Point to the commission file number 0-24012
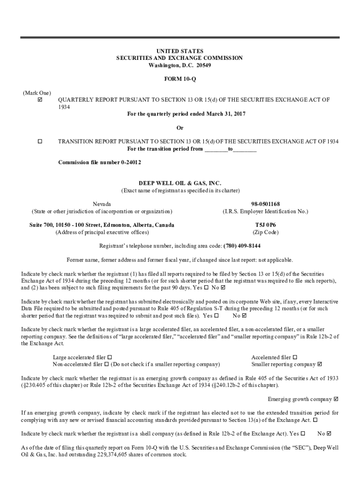pos(125,162)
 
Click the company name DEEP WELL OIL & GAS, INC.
pos(180,183)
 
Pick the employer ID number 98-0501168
pos(265,204)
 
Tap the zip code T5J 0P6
pos(265,225)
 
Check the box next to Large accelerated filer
pos(109,357)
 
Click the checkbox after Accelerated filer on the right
pos(295,357)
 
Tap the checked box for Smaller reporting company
pos(320,364)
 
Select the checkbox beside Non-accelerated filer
pos(107,364)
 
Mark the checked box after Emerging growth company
pos(336,399)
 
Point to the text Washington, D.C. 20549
pos(180,65)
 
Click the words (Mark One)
pos(37,93)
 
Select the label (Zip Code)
pos(265,232)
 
